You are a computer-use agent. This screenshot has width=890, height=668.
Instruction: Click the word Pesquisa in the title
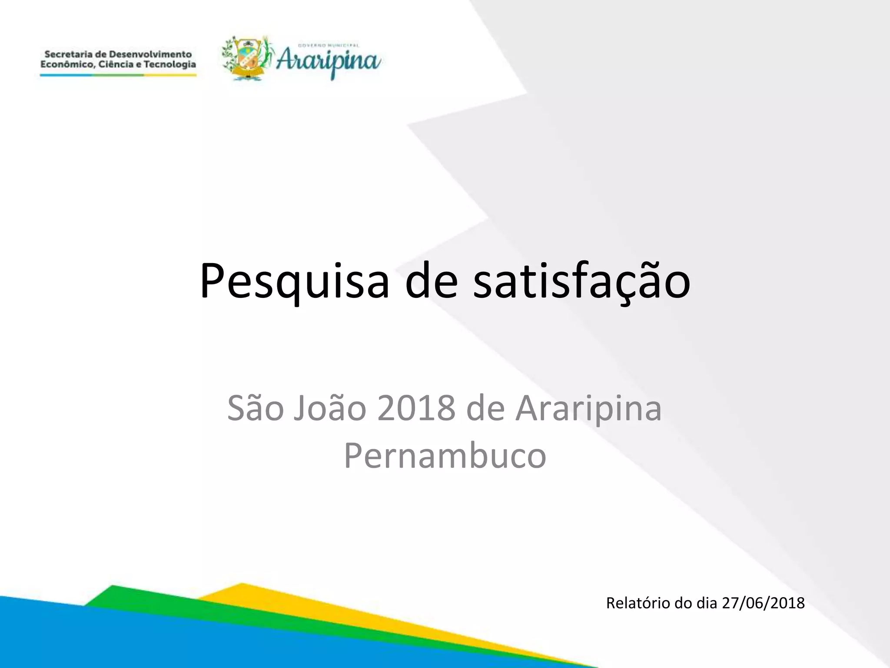[294, 281]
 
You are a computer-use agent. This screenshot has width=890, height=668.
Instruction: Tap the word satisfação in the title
[581, 281]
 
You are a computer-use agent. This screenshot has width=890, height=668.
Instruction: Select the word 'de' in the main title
[431, 281]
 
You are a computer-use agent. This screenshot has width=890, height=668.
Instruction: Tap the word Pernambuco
[445, 455]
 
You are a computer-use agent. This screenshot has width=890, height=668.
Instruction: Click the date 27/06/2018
[763, 603]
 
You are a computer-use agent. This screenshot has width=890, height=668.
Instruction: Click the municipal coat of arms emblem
[247, 59]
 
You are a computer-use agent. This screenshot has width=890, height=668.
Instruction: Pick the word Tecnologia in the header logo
[170, 65]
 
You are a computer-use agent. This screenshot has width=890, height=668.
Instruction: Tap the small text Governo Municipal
[329, 45]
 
